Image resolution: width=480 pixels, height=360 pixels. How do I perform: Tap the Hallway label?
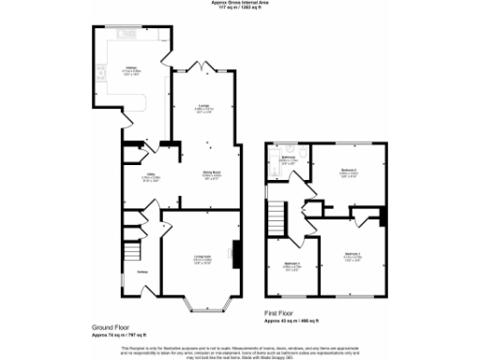(x=141, y=272)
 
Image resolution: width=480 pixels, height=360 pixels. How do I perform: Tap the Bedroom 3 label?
(x=292, y=264)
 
